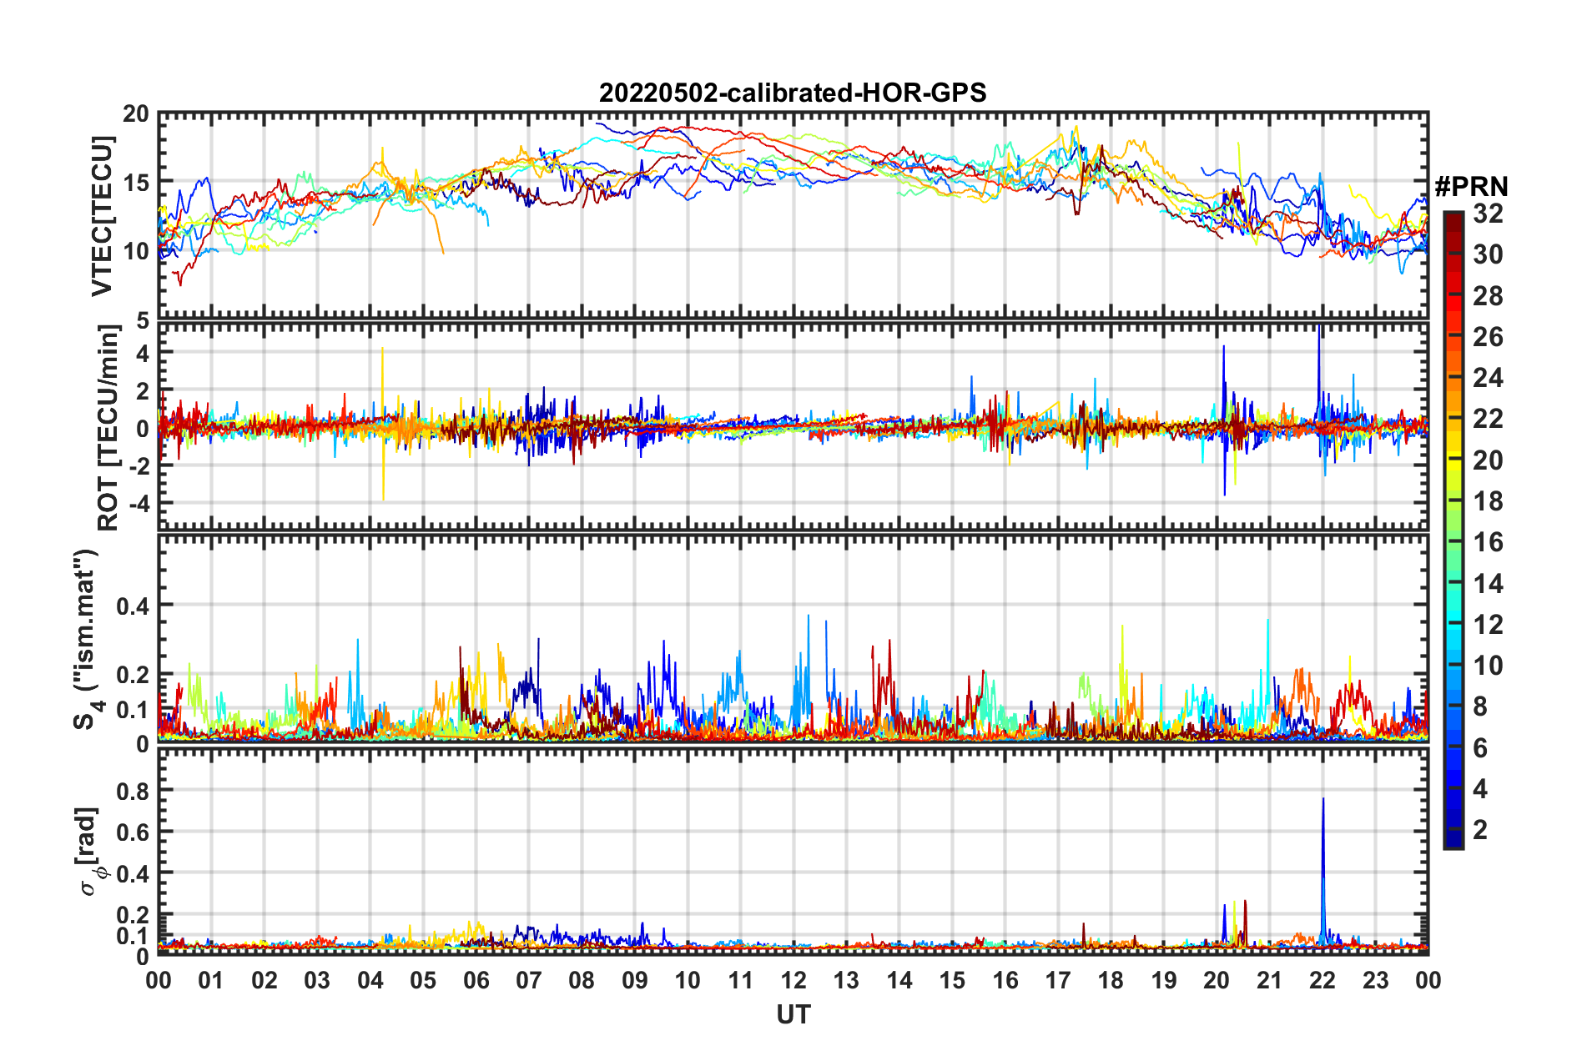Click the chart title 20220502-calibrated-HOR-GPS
(x=793, y=93)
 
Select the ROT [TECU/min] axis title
(x=108, y=428)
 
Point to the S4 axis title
(x=87, y=639)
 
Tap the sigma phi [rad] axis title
(x=88, y=851)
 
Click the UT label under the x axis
(x=793, y=1014)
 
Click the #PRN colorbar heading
(x=1471, y=186)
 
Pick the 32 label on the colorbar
(x=1488, y=214)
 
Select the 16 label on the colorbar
(x=1488, y=543)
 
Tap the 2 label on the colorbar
(x=1480, y=830)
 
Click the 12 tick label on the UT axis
(x=793, y=980)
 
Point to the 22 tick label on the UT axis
(x=1322, y=980)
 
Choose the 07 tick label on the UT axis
(x=529, y=980)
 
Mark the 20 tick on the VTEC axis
(x=136, y=114)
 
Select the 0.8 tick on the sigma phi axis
(x=134, y=790)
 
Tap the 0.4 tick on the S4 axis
(x=134, y=606)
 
